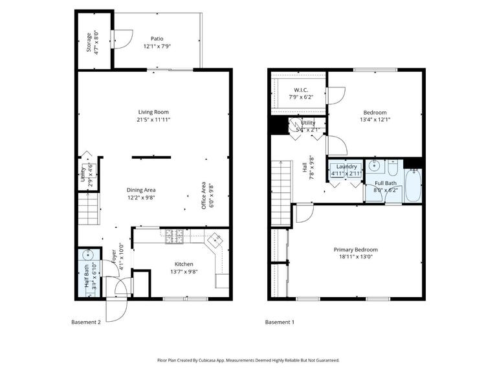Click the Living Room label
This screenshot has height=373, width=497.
coord(153,112)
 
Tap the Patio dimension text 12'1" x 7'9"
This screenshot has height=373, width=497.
coord(157,47)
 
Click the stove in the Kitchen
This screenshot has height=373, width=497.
coord(174,238)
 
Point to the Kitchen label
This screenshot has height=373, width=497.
coord(184,264)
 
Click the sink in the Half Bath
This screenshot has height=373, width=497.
coord(86,254)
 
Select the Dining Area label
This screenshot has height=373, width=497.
coord(140,190)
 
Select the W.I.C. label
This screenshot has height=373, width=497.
coord(300,90)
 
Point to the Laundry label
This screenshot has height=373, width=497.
coord(346,166)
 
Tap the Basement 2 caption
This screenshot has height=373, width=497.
coord(85,322)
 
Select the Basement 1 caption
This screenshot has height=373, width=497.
coord(280,322)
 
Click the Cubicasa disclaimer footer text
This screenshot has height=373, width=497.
coord(248,360)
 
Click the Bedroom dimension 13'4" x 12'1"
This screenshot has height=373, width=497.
coord(375,119)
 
